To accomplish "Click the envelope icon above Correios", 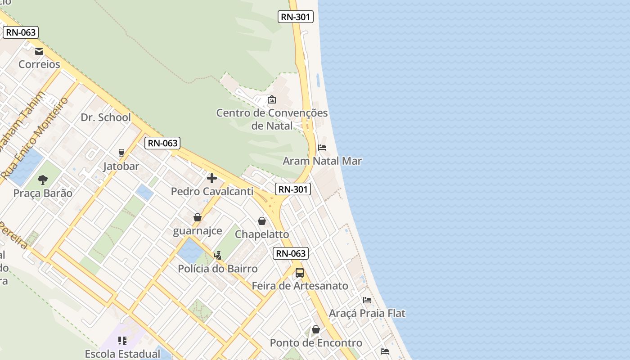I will pyautogui.click(x=39, y=51).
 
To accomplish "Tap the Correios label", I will pyautogui.click(x=39, y=64).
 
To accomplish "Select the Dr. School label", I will pyautogui.click(x=106, y=117).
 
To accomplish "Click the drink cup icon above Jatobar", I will pyautogui.click(x=121, y=153).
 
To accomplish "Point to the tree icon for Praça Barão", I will pyautogui.click(x=43, y=180).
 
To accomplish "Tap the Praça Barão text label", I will pyautogui.click(x=43, y=193).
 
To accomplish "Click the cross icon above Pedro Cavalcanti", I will pyautogui.click(x=212, y=178).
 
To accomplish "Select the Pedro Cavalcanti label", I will pyautogui.click(x=212, y=191).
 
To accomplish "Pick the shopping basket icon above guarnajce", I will pyautogui.click(x=197, y=218).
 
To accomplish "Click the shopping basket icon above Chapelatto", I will pyautogui.click(x=262, y=221).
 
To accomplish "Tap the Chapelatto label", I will pyautogui.click(x=262, y=234).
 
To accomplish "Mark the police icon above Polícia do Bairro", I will pyautogui.click(x=218, y=256).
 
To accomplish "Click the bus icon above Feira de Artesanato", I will pyautogui.click(x=300, y=273).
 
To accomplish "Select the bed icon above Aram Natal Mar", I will pyautogui.click(x=322, y=148).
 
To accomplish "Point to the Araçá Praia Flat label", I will pyautogui.click(x=367, y=313).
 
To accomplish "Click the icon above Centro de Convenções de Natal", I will pyautogui.click(x=272, y=99).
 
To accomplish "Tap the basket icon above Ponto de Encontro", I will pyautogui.click(x=316, y=330).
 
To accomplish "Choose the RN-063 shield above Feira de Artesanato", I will pyautogui.click(x=291, y=253).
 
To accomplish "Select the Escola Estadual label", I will pyautogui.click(x=122, y=354).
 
